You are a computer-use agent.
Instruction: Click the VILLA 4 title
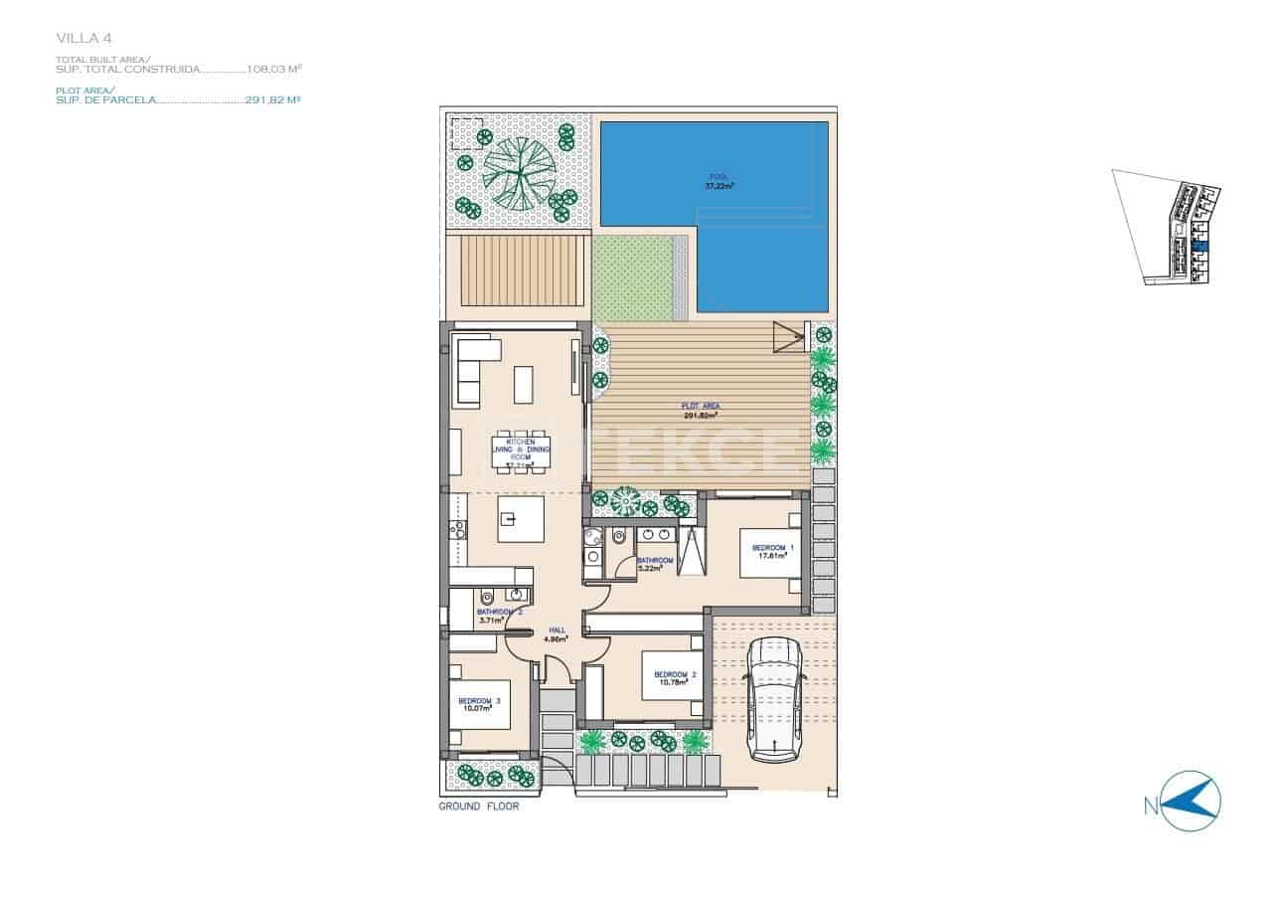click(83, 38)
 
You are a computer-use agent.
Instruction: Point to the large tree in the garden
click(518, 170)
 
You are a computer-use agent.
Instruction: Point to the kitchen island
click(521, 519)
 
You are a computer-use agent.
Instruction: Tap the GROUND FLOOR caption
click(479, 807)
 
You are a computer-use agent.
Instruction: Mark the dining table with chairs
click(521, 454)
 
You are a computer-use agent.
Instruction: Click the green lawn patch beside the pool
click(633, 278)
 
